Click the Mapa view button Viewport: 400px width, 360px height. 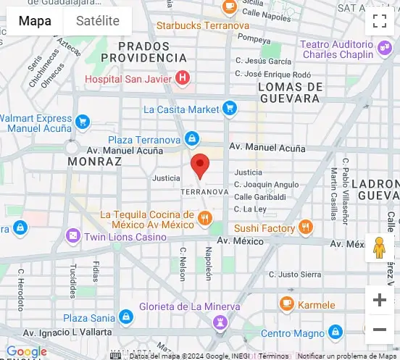pyautogui.click(x=35, y=21)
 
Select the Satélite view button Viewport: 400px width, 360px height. pyautogui.click(x=97, y=21)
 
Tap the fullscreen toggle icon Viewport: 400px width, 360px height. pyautogui.click(x=379, y=21)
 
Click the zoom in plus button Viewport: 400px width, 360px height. pyautogui.click(x=379, y=300)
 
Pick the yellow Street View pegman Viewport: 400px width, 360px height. pyautogui.click(x=379, y=248)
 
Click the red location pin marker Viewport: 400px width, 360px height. pyautogui.click(x=200, y=166)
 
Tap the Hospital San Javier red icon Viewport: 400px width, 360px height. pyautogui.click(x=183, y=78)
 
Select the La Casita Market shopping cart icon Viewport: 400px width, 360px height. pyautogui.click(x=230, y=109)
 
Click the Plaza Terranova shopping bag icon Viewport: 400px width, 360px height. pyautogui.click(x=191, y=138)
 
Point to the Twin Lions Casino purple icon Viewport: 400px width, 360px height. pyautogui.click(x=72, y=236)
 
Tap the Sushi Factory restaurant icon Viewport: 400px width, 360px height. pyautogui.click(x=306, y=227)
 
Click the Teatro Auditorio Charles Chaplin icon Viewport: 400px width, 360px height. pyautogui.click(x=385, y=49)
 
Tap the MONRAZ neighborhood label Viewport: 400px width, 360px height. pyautogui.click(x=94, y=162)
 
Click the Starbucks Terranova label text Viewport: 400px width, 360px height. pyautogui.click(x=202, y=26)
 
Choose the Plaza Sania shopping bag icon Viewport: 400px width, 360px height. pyautogui.click(x=126, y=317)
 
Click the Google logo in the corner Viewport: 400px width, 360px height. pyautogui.click(x=27, y=352)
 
